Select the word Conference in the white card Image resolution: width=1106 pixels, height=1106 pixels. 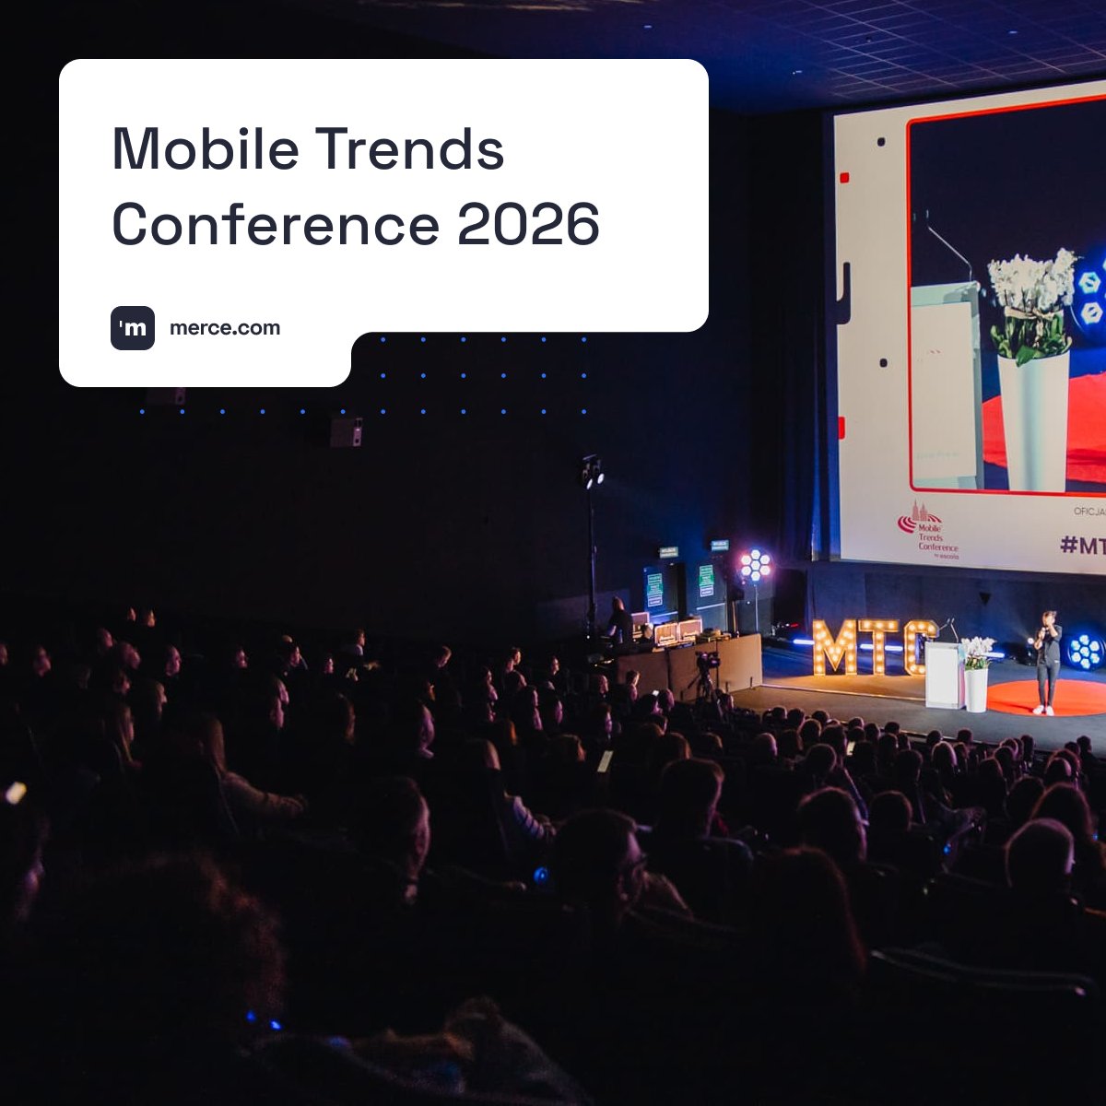point(276,224)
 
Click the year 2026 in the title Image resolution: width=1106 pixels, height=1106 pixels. point(528,224)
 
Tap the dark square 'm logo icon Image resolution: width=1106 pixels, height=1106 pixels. point(133,328)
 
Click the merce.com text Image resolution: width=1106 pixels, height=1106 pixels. point(225,328)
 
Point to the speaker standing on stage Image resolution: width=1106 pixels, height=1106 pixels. point(1047,662)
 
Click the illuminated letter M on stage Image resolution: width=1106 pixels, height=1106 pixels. point(835,646)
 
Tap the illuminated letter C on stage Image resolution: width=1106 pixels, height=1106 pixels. point(918,646)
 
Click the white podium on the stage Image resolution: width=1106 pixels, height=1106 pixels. point(944,675)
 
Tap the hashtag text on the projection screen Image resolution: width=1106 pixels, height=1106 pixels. point(1082,545)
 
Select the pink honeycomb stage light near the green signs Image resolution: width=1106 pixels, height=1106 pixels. point(755,564)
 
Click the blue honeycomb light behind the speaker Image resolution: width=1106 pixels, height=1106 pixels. point(1085,651)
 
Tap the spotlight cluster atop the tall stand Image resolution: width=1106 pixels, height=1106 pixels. point(592,472)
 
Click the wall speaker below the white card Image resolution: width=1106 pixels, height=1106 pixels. point(346,431)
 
